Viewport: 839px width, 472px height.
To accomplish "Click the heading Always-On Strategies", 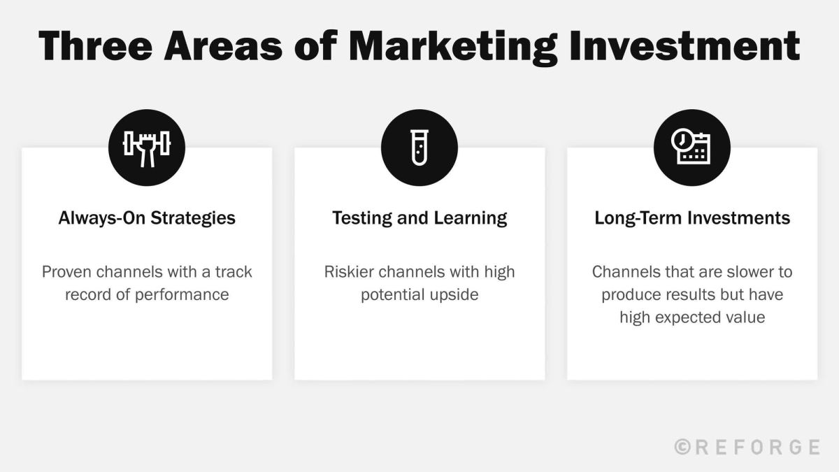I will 147,217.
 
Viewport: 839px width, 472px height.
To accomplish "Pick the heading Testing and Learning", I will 419,217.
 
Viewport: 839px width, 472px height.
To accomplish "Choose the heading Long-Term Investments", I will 692,217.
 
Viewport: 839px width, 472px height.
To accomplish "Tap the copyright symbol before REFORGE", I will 683,447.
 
